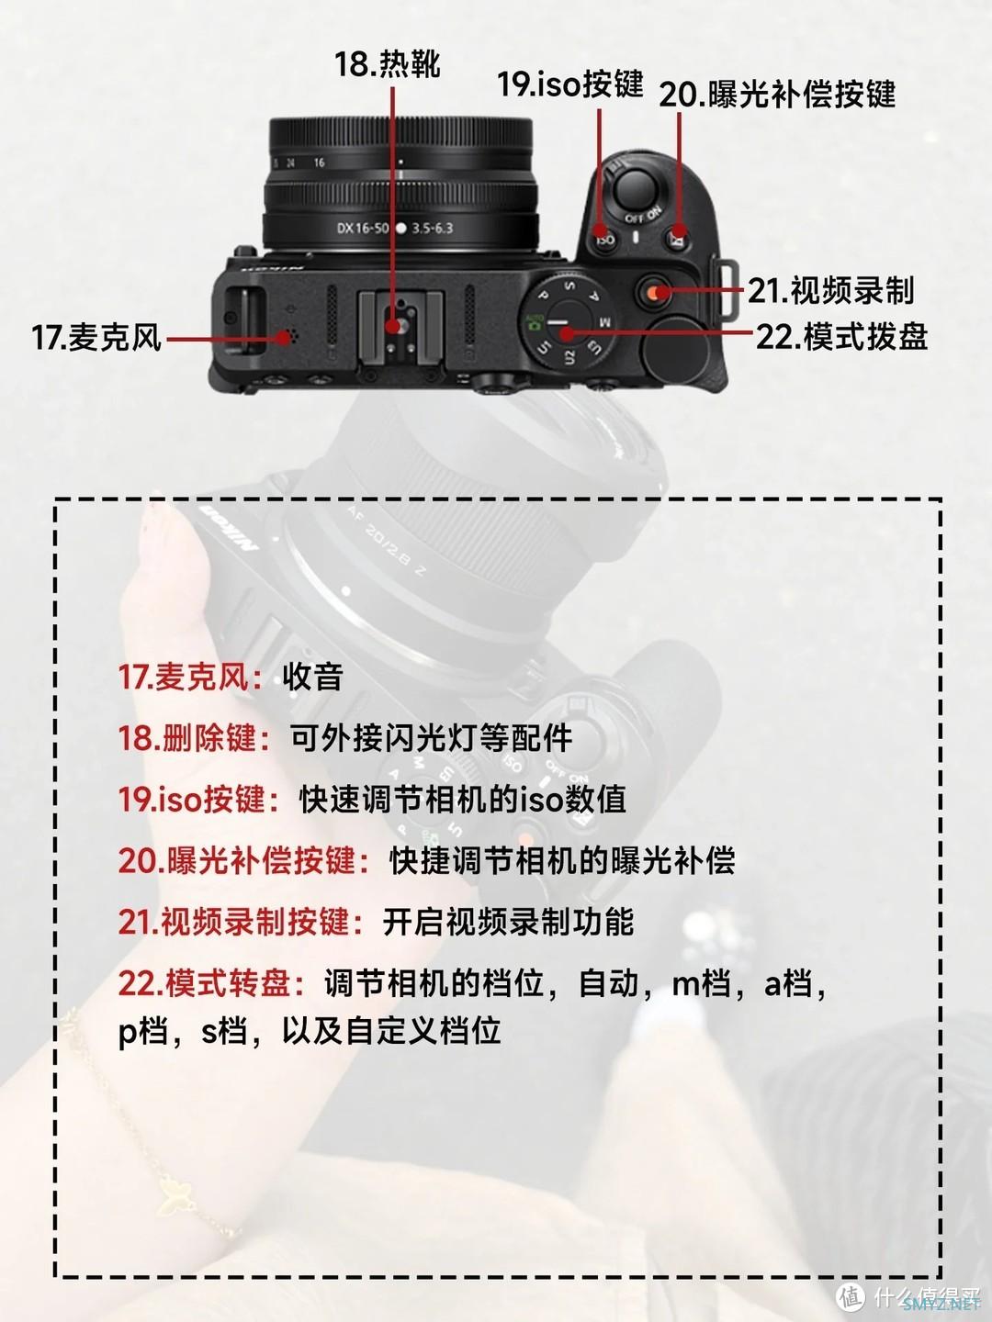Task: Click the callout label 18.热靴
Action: pos(388,64)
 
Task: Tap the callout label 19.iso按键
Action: pos(570,84)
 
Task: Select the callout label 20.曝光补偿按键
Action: pos(777,95)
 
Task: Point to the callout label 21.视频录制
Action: pos(830,291)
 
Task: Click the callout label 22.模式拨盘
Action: pos(841,337)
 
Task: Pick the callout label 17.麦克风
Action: pos(96,337)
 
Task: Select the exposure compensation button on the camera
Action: pos(678,236)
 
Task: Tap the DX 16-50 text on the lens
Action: pos(363,229)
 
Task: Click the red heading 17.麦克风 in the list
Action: pos(190,678)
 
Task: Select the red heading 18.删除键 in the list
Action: pos(195,738)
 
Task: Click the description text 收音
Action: pos(312,678)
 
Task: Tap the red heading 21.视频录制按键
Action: pos(241,922)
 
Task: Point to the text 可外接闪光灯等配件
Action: pos(432,738)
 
